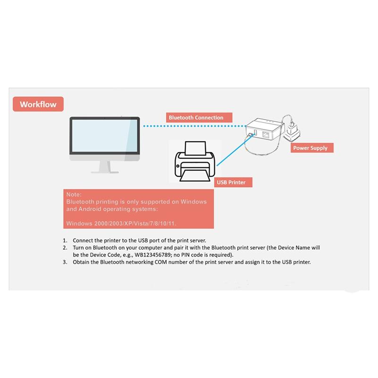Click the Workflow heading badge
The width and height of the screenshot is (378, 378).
[38, 104]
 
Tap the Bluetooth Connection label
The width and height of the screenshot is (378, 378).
[196, 118]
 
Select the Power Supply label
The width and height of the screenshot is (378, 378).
[310, 148]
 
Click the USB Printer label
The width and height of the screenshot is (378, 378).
[231, 182]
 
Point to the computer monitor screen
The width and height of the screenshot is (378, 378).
[104, 136]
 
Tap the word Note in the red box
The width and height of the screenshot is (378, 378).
[74, 194]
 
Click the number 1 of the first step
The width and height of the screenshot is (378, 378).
[65, 240]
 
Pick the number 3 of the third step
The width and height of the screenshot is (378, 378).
[65, 262]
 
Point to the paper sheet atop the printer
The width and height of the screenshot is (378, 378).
[195, 150]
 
